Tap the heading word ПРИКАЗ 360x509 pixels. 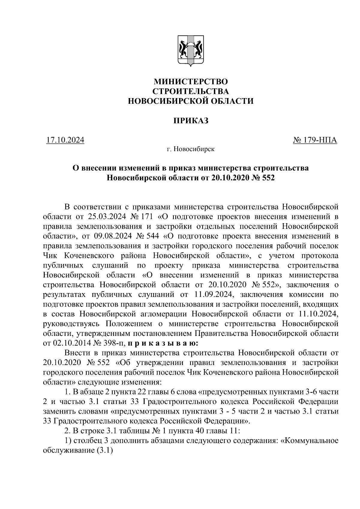coord(191,121)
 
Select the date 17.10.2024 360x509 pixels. coord(65,140)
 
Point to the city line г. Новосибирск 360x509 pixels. coord(191,149)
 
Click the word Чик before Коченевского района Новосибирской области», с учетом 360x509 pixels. coord(50,256)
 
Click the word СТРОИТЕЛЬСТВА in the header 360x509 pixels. coord(191,91)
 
